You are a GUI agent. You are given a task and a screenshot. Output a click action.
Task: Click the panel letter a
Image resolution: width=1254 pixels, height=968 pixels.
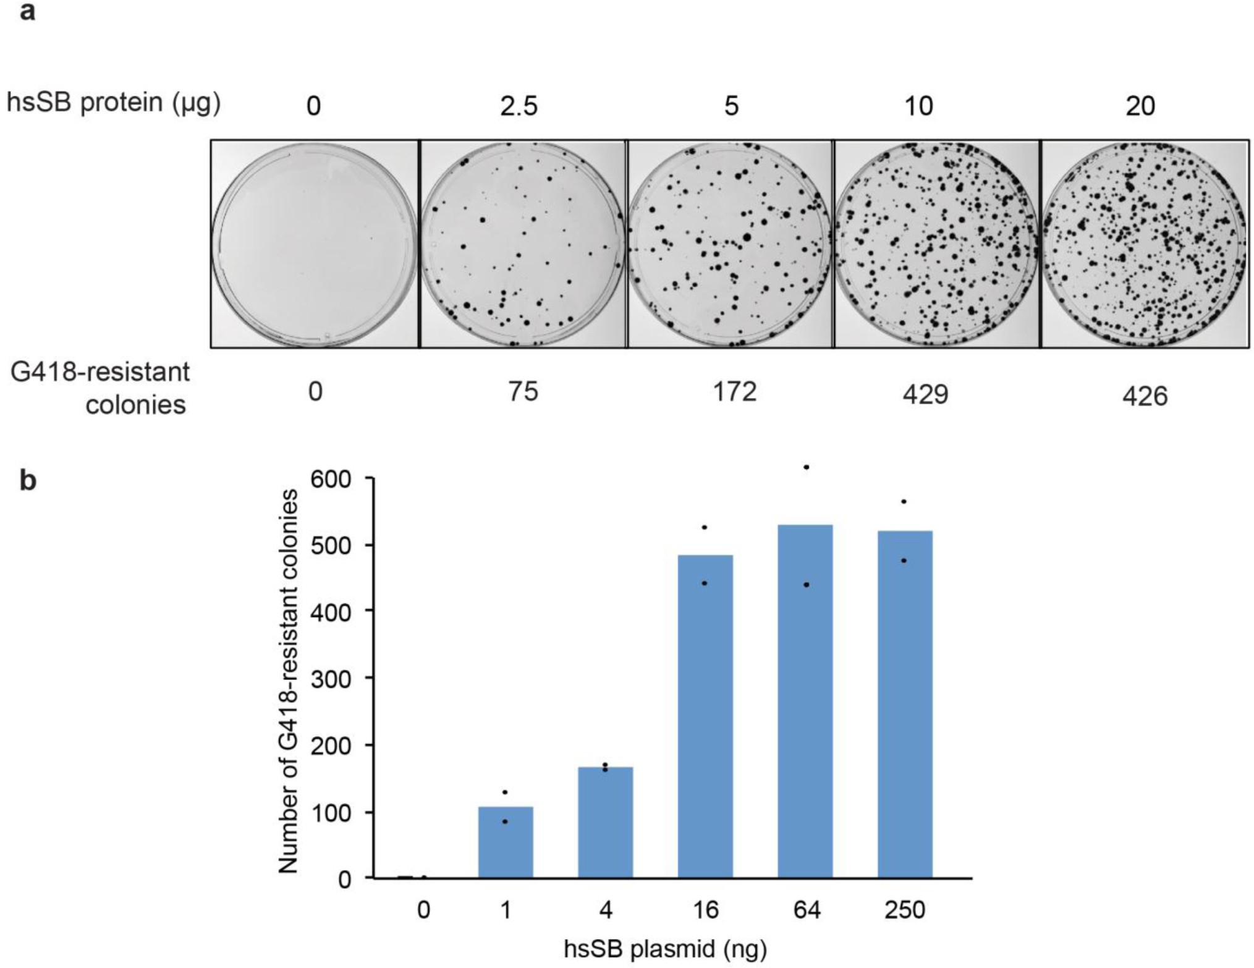click(27, 12)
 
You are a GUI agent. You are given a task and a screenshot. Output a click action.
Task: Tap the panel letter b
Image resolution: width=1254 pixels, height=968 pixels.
click(28, 480)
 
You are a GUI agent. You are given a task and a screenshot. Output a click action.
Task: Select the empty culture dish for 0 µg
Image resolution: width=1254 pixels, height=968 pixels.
click(315, 244)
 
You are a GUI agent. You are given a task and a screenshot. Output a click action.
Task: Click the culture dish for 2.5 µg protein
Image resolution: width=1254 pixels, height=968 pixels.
click(523, 244)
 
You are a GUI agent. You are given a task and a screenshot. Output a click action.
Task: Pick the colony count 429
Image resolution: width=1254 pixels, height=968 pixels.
click(925, 394)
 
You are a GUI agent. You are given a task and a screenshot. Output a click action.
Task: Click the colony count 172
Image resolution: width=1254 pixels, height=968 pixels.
click(734, 392)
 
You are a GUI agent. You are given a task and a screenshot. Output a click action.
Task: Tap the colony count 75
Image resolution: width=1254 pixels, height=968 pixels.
click(523, 392)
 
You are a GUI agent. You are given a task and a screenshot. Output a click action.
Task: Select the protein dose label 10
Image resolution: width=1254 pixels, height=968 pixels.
click(918, 106)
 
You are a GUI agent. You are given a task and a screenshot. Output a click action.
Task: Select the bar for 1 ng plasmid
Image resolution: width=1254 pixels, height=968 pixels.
click(506, 842)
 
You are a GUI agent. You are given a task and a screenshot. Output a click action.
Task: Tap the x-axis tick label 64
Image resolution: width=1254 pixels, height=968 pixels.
click(807, 910)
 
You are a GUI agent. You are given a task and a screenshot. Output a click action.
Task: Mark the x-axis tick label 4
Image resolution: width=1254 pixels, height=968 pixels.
click(606, 910)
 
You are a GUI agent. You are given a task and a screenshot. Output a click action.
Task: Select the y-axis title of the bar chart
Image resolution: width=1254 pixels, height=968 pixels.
click(288, 681)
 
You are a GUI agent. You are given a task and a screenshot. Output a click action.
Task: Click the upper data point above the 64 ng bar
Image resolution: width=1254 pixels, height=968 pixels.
click(806, 467)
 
